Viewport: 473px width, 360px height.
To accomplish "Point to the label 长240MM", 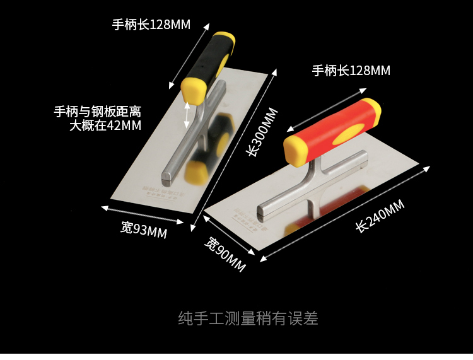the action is click(380, 216).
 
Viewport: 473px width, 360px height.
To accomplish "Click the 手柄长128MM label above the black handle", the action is click(151, 25).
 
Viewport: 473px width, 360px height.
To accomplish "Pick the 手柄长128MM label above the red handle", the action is click(351, 71).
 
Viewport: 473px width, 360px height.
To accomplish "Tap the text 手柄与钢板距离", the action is click(97, 112).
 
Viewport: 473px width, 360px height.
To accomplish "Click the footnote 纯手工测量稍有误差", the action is click(248, 318).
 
